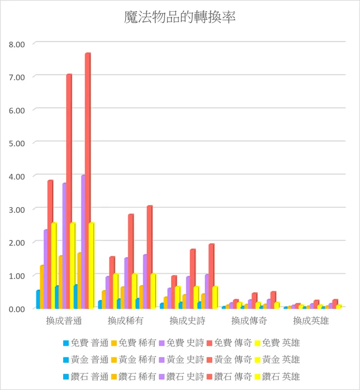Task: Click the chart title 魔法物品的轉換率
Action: point(180,18)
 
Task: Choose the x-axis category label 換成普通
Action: point(64,321)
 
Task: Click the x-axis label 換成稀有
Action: point(126,321)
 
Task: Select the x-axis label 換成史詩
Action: point(187,321)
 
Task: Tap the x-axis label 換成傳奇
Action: point(249,321)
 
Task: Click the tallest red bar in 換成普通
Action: point(88,180)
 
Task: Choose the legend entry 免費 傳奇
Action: point(229,343)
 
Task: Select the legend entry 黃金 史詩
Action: point(181,359)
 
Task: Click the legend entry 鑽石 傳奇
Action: point(229,376)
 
